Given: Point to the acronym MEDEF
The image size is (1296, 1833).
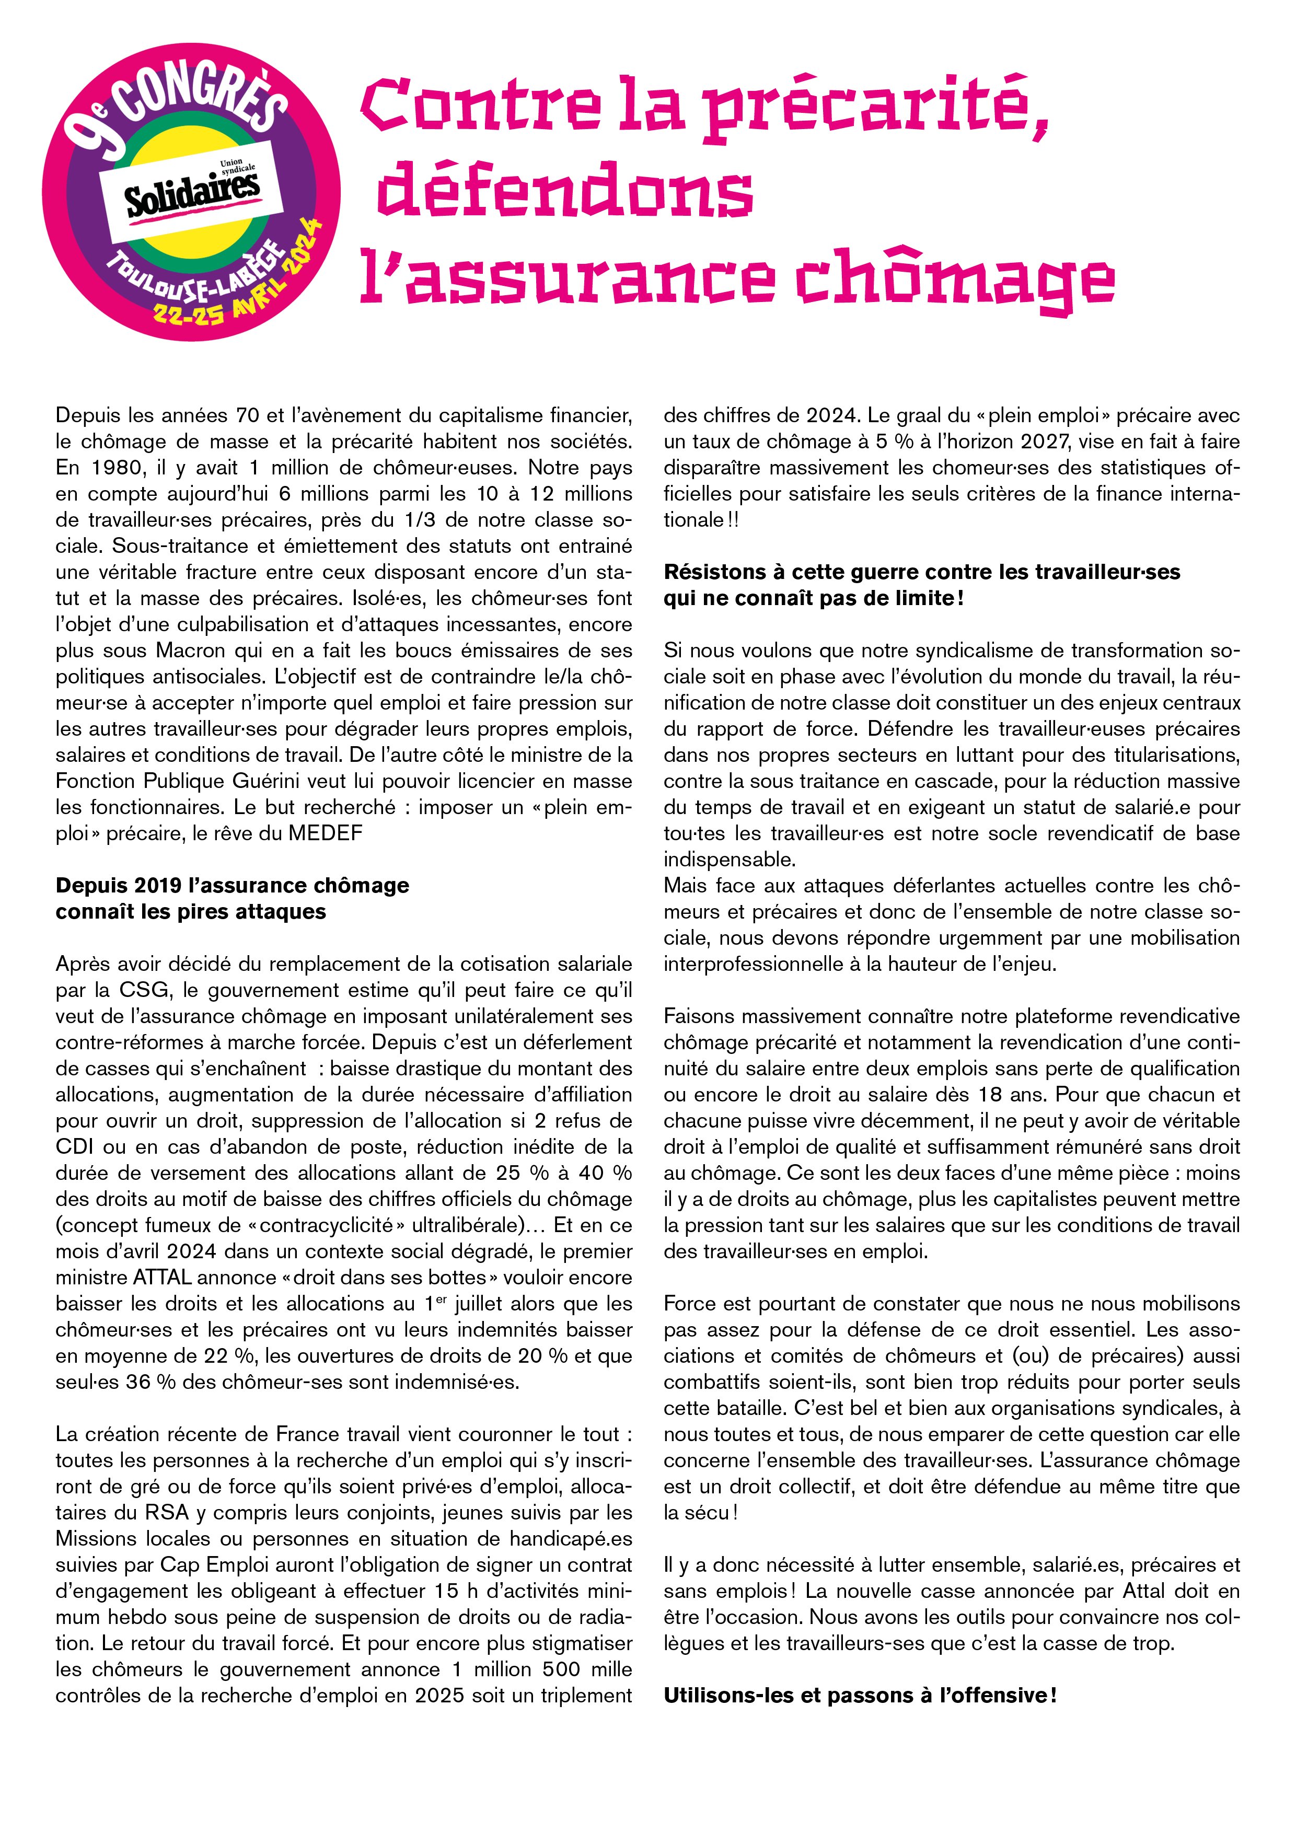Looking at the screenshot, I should tap(326, 833).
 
